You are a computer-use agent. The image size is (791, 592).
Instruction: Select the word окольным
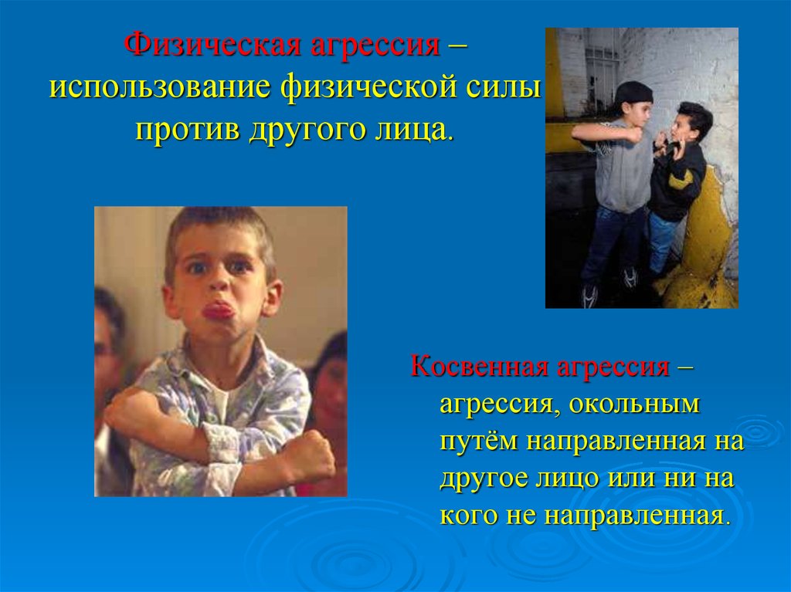[635, 404]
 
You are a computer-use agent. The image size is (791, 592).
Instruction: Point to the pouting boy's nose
[218, 283]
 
